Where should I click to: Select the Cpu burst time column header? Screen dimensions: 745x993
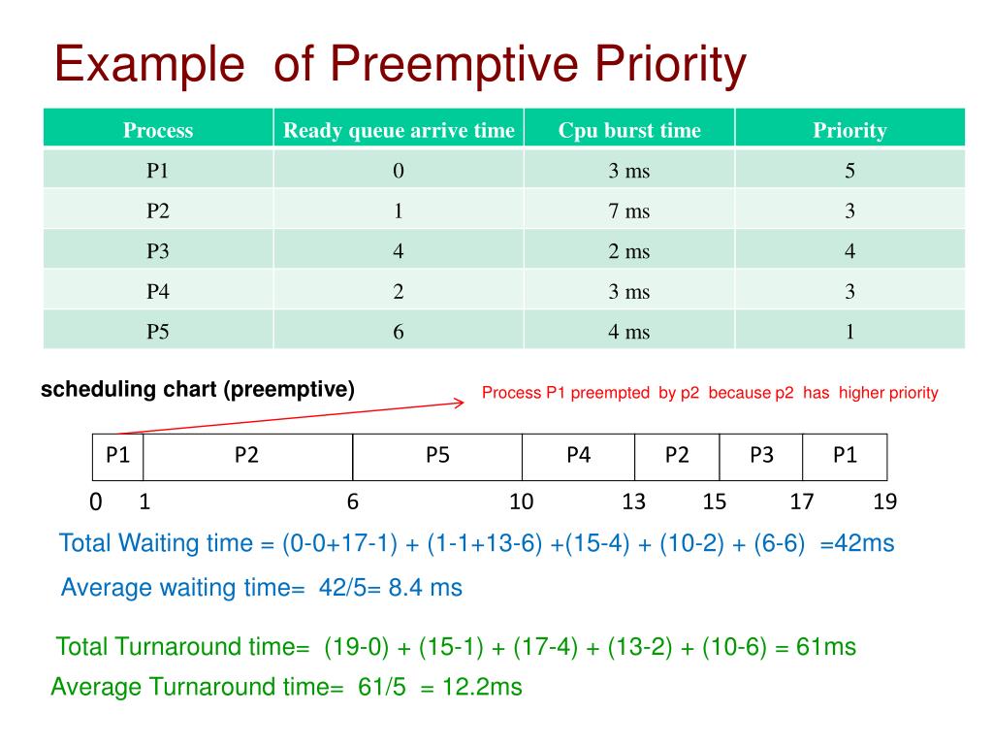point(628,130)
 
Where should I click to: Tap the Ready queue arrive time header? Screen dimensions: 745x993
point(399,130)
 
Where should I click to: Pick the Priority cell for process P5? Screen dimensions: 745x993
point(849,332)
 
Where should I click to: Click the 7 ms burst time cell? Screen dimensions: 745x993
point(628,211)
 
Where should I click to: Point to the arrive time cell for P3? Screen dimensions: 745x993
point(399,251)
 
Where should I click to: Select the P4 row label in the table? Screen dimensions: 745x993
point(158,292)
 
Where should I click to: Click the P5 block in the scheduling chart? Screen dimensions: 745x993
point(437,456)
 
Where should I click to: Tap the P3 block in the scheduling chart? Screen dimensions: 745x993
point(761,456)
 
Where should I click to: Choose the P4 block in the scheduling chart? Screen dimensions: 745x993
point(579,456)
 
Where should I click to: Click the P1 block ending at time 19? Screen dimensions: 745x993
point(845,456)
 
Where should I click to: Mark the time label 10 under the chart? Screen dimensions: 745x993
point(522,502)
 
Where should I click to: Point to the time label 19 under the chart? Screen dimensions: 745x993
point(884,502)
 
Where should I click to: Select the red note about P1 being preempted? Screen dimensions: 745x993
point(710,393)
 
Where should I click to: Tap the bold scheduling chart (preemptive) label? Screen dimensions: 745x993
point(198,390)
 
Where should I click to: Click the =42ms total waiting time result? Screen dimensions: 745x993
point(856,543)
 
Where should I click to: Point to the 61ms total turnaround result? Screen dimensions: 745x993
point(826,647)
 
